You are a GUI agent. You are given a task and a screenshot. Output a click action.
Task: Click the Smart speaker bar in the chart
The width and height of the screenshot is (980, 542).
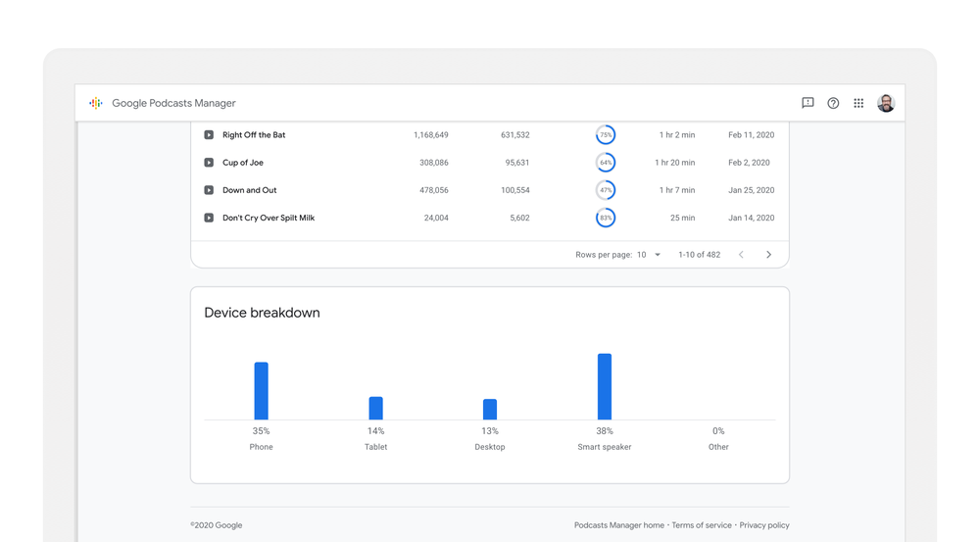coord(605,387)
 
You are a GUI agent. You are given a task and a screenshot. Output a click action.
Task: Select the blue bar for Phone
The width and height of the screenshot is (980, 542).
coord(261,391)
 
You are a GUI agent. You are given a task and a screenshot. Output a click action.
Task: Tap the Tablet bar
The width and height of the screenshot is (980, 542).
coord(375,408)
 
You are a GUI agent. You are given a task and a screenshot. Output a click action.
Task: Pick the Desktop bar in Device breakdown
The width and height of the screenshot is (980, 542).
coord(490,409)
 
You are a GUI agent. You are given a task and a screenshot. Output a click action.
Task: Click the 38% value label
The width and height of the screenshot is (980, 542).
coord(605,431)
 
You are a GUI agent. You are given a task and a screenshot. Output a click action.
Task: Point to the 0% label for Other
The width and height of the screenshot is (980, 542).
coord(718,431)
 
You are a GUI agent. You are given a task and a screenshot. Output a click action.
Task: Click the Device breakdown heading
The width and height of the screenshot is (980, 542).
coord(262,313)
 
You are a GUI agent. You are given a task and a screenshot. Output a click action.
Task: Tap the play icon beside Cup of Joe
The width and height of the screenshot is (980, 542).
coord(209,163)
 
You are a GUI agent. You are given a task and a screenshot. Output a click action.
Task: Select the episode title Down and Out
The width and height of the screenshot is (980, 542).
coord(249,190)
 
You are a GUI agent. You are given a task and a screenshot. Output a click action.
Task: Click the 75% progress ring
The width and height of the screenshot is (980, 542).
coord(606,135)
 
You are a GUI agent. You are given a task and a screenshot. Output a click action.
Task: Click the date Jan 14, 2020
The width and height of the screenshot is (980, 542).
coord(751,218)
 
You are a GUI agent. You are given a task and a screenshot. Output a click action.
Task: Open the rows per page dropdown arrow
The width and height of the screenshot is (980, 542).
coord(658,255)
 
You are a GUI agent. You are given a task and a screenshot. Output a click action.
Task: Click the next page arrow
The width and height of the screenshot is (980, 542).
coord(768,255)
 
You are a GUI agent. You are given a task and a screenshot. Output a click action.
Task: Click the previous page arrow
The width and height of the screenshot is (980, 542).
coord(741,255)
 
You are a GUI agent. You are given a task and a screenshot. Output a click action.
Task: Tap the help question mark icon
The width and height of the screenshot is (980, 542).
coord(833,103)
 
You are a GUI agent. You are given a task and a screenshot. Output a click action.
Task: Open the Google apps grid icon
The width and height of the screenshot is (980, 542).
coord(858,103)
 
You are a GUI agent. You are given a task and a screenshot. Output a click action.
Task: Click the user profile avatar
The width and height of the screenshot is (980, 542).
coord(886,103)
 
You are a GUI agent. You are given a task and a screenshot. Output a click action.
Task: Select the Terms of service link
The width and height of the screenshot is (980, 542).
coord(702,525)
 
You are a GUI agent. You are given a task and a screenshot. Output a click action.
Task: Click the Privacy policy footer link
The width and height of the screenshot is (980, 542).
coord(764,525)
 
